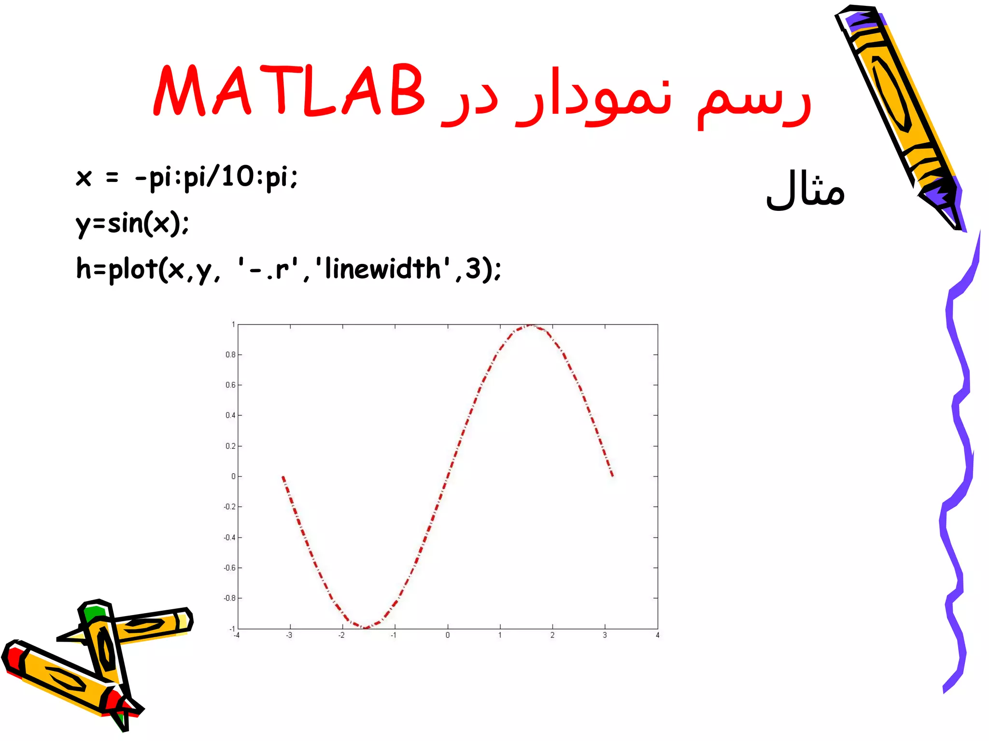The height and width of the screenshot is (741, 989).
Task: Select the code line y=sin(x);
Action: [132, 223]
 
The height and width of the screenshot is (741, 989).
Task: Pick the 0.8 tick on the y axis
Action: [230, 355]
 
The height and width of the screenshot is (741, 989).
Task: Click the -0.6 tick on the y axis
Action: [229, 568]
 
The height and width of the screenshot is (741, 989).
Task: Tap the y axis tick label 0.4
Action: [230, 415]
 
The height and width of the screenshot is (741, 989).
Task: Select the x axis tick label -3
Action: [289, 635]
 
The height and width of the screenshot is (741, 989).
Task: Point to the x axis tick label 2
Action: [552, 635]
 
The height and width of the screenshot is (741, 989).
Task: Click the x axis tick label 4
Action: [657, 635]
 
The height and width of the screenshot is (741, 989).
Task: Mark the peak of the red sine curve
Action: [530, 326]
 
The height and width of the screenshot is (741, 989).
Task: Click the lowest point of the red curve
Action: [365, 628]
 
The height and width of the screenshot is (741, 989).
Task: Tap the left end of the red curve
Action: [283, 477]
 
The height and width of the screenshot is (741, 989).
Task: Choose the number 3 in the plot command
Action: [473, 269]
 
